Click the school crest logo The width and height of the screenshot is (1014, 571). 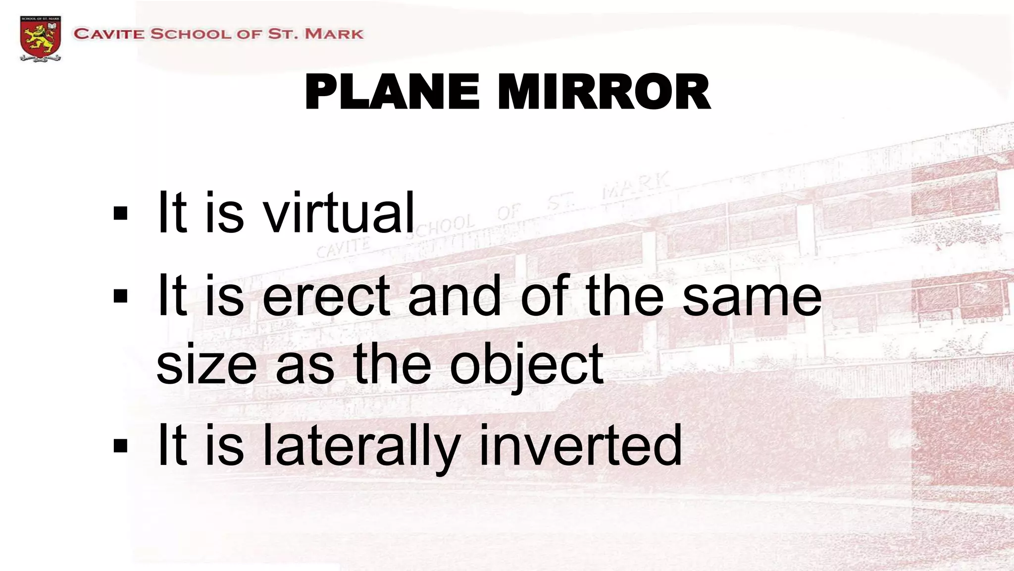pyautogui.click(x=40, y=38)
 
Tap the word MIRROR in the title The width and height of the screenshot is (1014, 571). pyautogui.click(x=605, y=92)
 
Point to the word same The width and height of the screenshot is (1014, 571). pyautogui.click(x=752, y=296)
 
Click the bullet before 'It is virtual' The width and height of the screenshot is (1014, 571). pyautogui.click(x=120, y=214)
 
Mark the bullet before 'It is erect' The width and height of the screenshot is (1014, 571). pyautogui.click(x=120, y=296)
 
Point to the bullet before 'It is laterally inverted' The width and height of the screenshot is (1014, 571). pyautogui.click(x=120, y=446)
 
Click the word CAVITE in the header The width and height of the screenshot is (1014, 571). pyautogui.click(x=109, y=34)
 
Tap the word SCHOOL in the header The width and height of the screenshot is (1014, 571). pyautogui.click(x=191, y=34)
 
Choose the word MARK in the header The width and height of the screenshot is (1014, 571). pyautogui.click(x=334, y=34)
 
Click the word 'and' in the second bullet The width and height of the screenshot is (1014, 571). pyautogui.click(x=454, y=296)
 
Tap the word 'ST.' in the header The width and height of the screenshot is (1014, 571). pyautogui.click(x=282, y=34)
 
